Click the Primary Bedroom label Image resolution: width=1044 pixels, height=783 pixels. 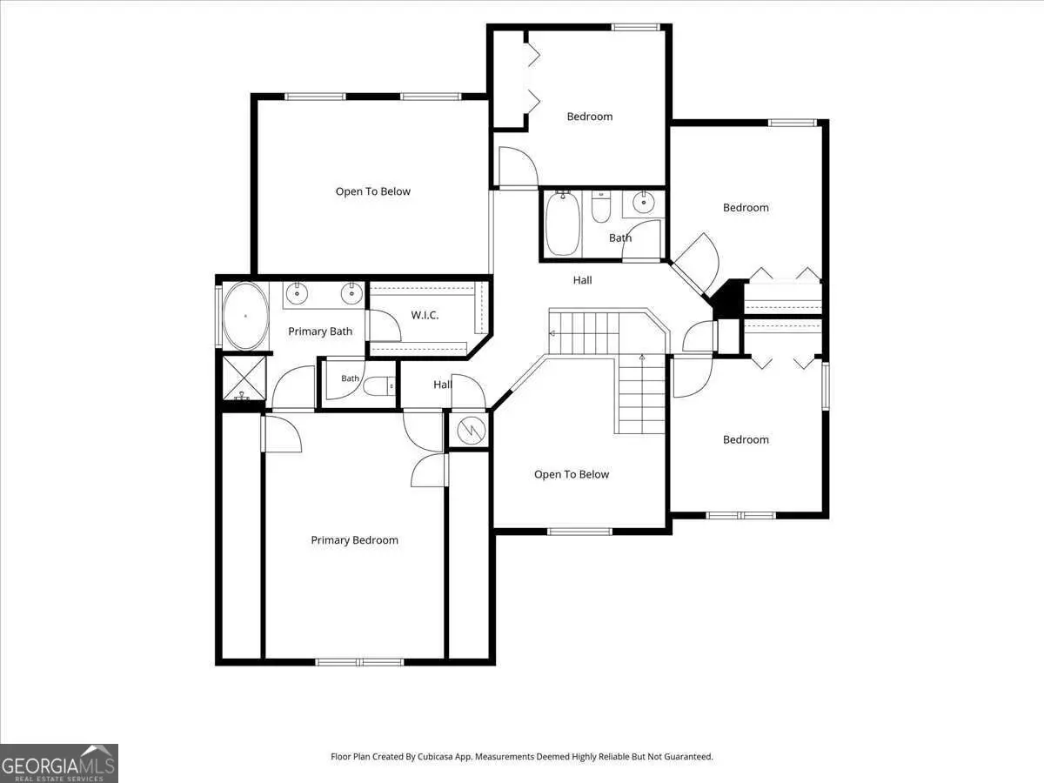354,540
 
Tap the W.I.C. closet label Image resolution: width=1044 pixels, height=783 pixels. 425,315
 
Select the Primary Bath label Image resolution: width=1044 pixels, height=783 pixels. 320,331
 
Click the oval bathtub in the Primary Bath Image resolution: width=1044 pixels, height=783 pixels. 246,316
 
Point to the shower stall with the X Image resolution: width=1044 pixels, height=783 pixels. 244,378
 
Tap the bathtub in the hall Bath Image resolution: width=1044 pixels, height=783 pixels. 563,223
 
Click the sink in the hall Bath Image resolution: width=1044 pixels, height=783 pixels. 644,203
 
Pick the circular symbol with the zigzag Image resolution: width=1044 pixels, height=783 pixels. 471,431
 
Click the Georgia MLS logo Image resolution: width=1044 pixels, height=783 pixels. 59,763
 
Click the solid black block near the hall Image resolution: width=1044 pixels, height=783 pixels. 726,298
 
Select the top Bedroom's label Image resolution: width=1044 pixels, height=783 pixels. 590,117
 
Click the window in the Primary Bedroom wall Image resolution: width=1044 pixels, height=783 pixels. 359,662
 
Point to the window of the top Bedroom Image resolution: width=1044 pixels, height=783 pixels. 635,27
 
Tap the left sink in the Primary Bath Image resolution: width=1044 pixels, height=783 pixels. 297,294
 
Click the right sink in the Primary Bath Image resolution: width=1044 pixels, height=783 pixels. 351,294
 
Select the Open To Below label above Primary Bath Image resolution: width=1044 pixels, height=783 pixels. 373,191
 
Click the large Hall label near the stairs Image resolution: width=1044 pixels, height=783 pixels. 582,280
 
